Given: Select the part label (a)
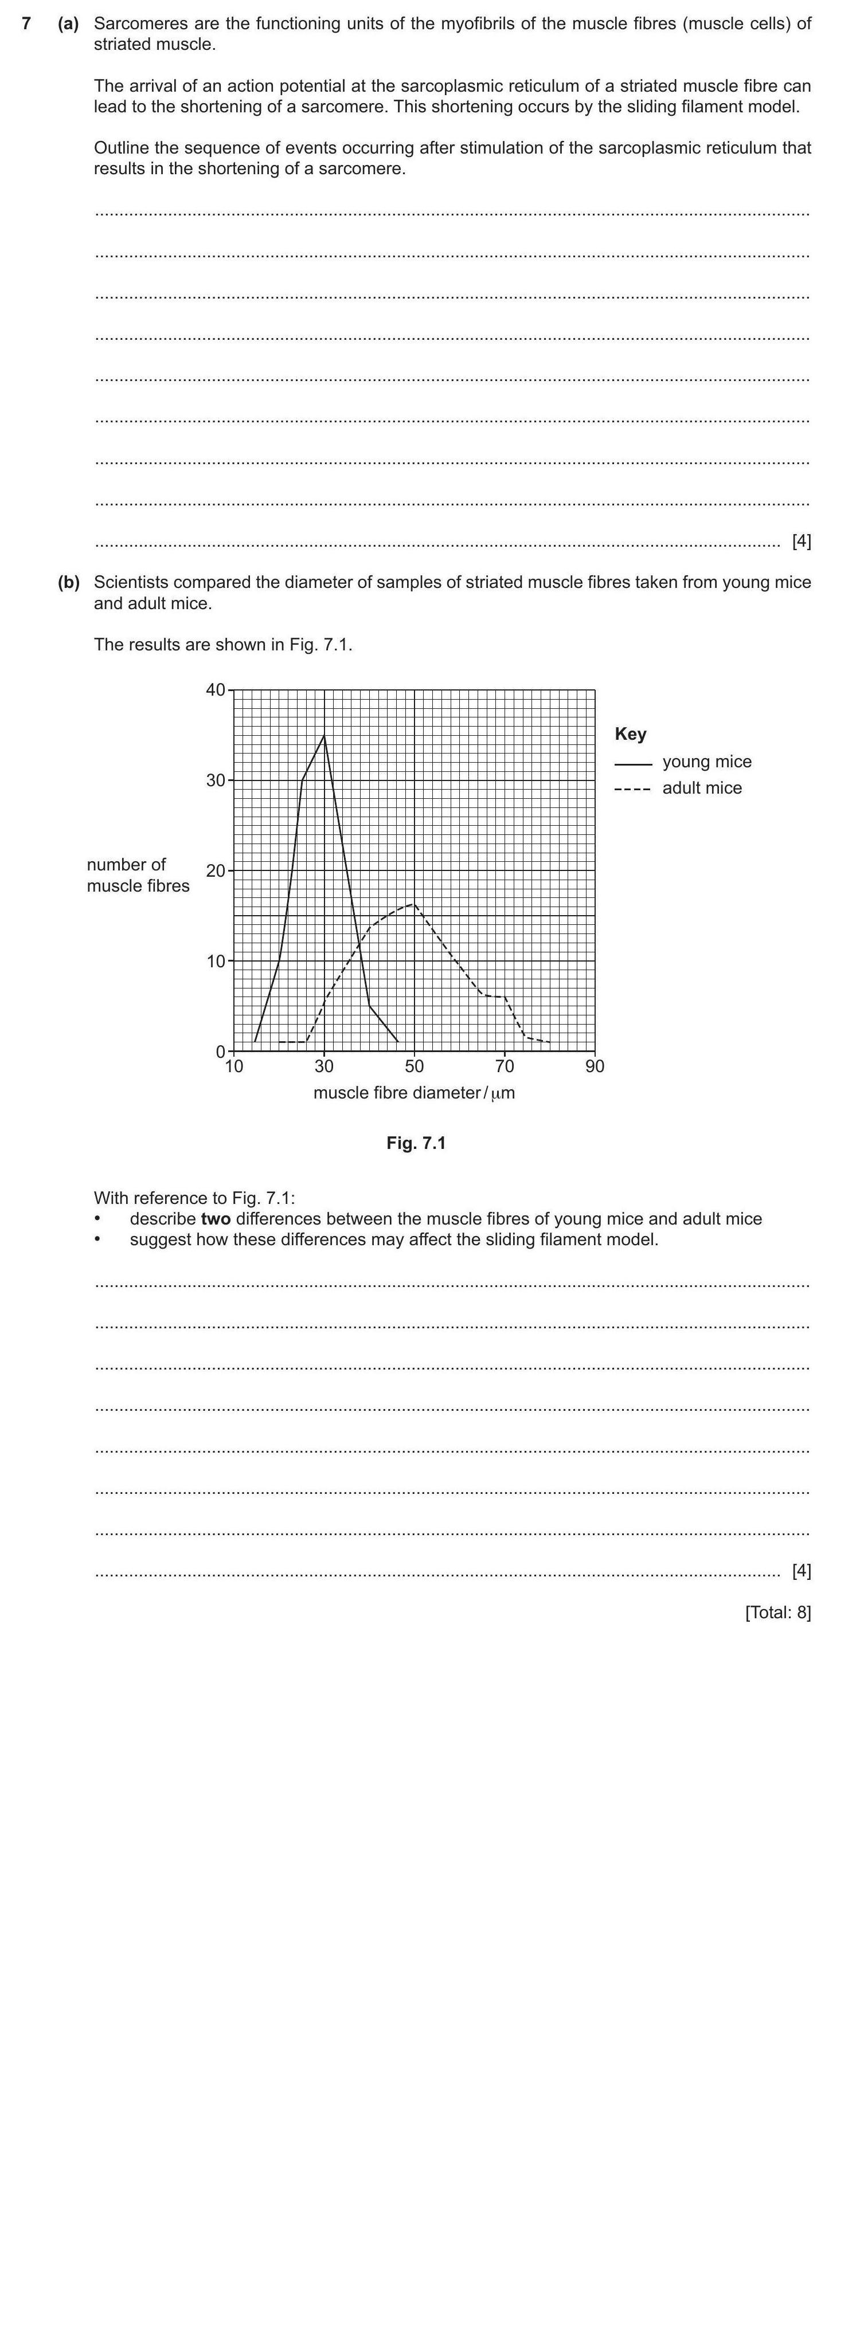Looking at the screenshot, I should coord(68,23).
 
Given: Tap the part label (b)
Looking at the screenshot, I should coord(68,582).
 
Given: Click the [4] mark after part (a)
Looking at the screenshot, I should coord(800,541).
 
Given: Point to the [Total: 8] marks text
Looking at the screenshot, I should coord(777,1612).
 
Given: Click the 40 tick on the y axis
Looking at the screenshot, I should coord(216,690).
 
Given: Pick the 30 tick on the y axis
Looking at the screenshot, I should coord(216,780).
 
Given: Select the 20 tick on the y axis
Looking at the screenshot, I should coord(216,870).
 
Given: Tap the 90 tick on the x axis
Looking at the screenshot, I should coord(595,1066).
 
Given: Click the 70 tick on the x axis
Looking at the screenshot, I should coord(504,1066).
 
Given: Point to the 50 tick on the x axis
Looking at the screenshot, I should coord(415,1066).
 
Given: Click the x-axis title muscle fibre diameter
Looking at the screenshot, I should coord(413,1093).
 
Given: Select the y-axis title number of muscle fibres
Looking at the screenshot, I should coord(138,876).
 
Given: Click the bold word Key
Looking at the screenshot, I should coord(630,735).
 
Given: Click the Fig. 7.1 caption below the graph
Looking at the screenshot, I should coord(416,1143).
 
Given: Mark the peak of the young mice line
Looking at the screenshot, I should coord(324,735).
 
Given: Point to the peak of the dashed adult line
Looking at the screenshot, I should coord(413,904).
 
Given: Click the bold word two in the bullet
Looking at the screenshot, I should coord(216,1219).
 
